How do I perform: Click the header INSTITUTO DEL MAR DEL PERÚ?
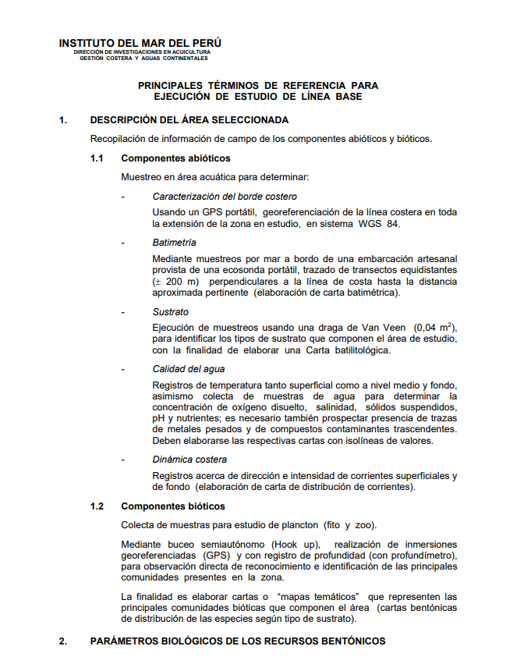pos(140,43)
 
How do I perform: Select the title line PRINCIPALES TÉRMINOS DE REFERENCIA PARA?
pos(258,85)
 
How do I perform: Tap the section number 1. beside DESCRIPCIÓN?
pos(62,120)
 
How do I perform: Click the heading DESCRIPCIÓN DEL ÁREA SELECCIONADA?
pos(189,120)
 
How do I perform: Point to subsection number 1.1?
pos(97,158)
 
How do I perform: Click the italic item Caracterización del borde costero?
pos(225,197)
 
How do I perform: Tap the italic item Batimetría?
pos(174,243)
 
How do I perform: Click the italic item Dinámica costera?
pos(189,460)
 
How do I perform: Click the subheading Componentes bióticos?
pos(172,506)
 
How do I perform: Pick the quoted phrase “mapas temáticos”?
pos(322,596)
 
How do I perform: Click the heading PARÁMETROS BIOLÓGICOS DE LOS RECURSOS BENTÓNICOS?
pos(238,641)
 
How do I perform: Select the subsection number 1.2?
pos(97,506)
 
